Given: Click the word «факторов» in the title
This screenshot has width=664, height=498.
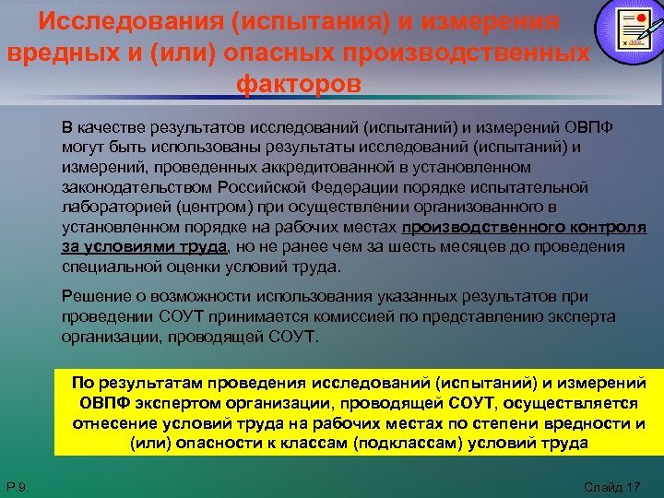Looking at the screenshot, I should coord(299,84).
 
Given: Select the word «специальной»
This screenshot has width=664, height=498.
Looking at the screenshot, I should coord(105,267).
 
